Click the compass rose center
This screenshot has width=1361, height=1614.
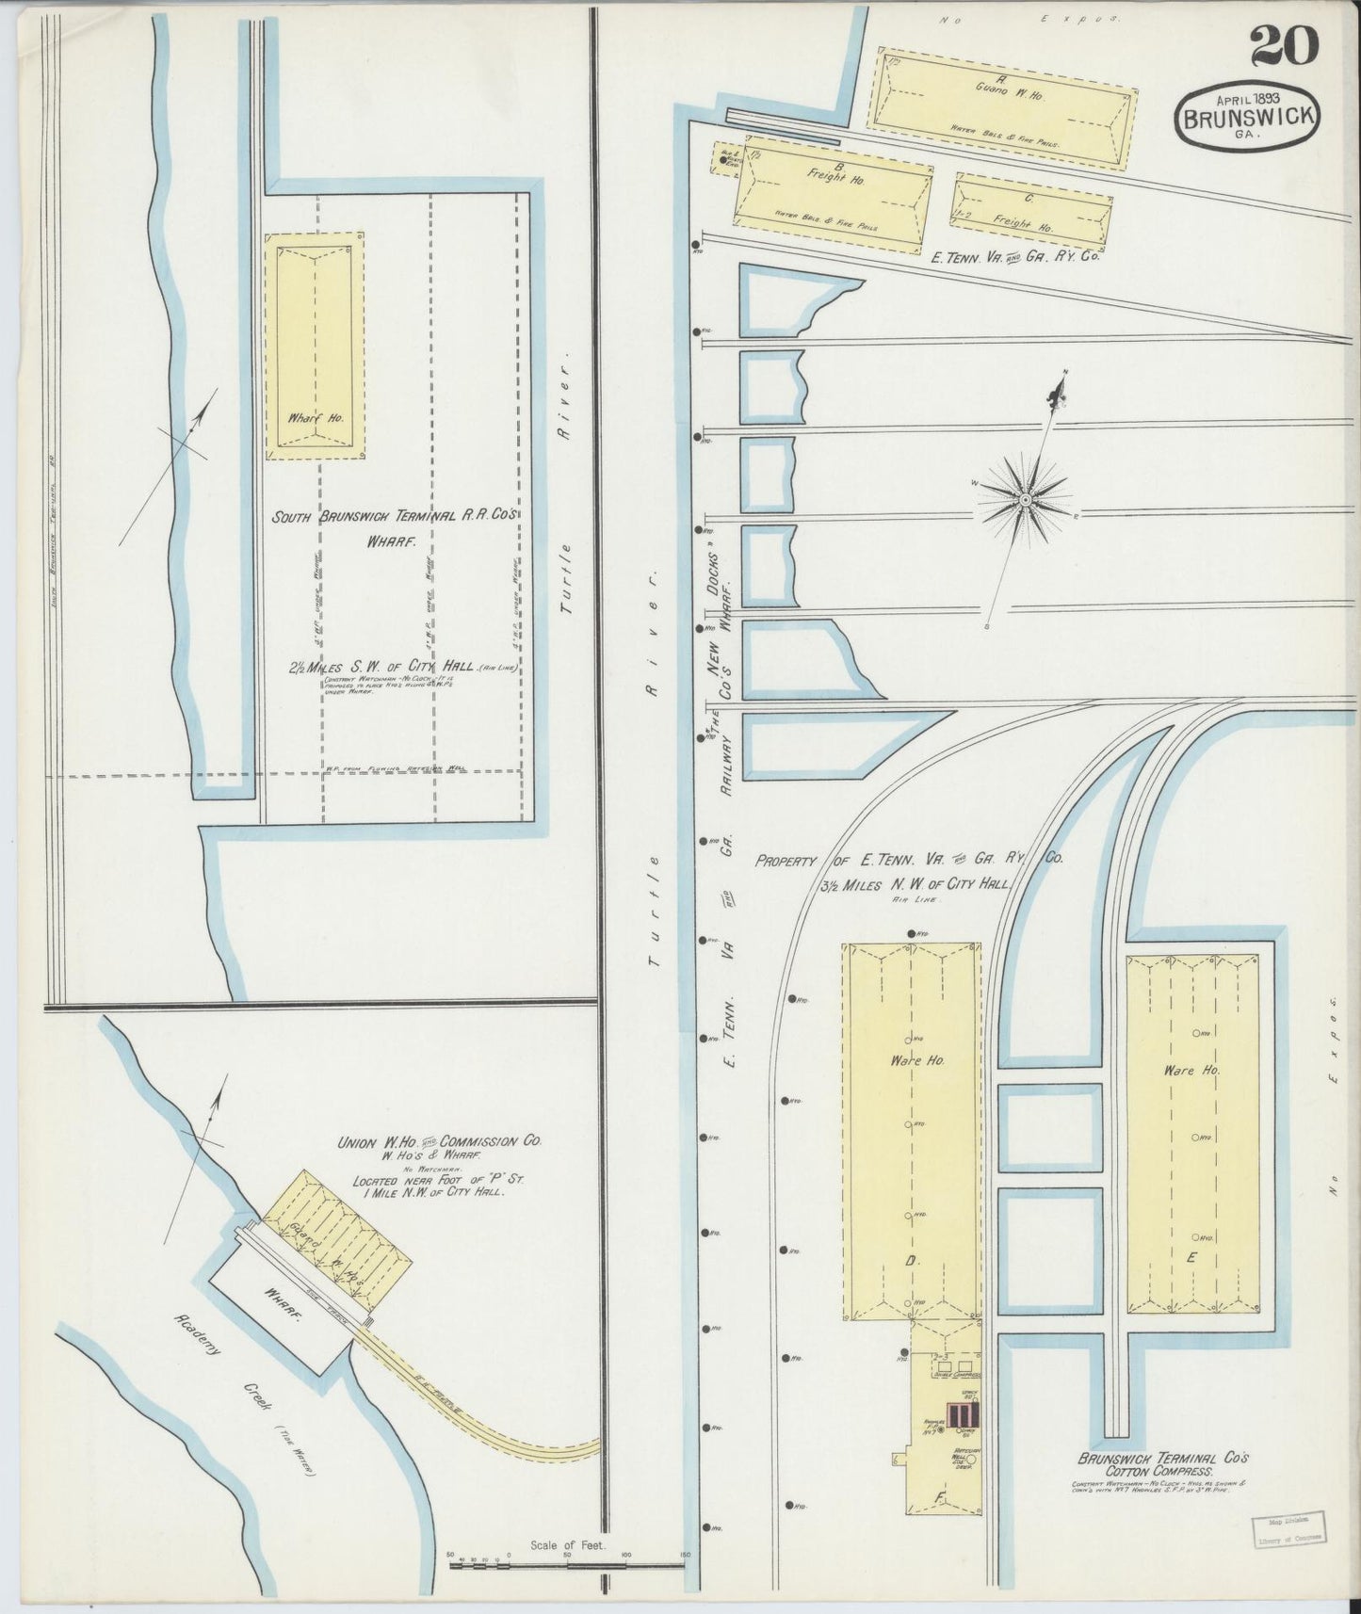pos(1024,497)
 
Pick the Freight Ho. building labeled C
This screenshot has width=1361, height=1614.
pos(1030,213)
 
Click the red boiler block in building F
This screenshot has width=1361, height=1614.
pos(963,1415)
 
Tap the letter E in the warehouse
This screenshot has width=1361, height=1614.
pos(1191,1257)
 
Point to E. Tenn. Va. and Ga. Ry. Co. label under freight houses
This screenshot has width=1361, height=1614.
pos(1015,254)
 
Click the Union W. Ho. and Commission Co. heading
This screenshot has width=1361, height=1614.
pos(440,1140)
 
